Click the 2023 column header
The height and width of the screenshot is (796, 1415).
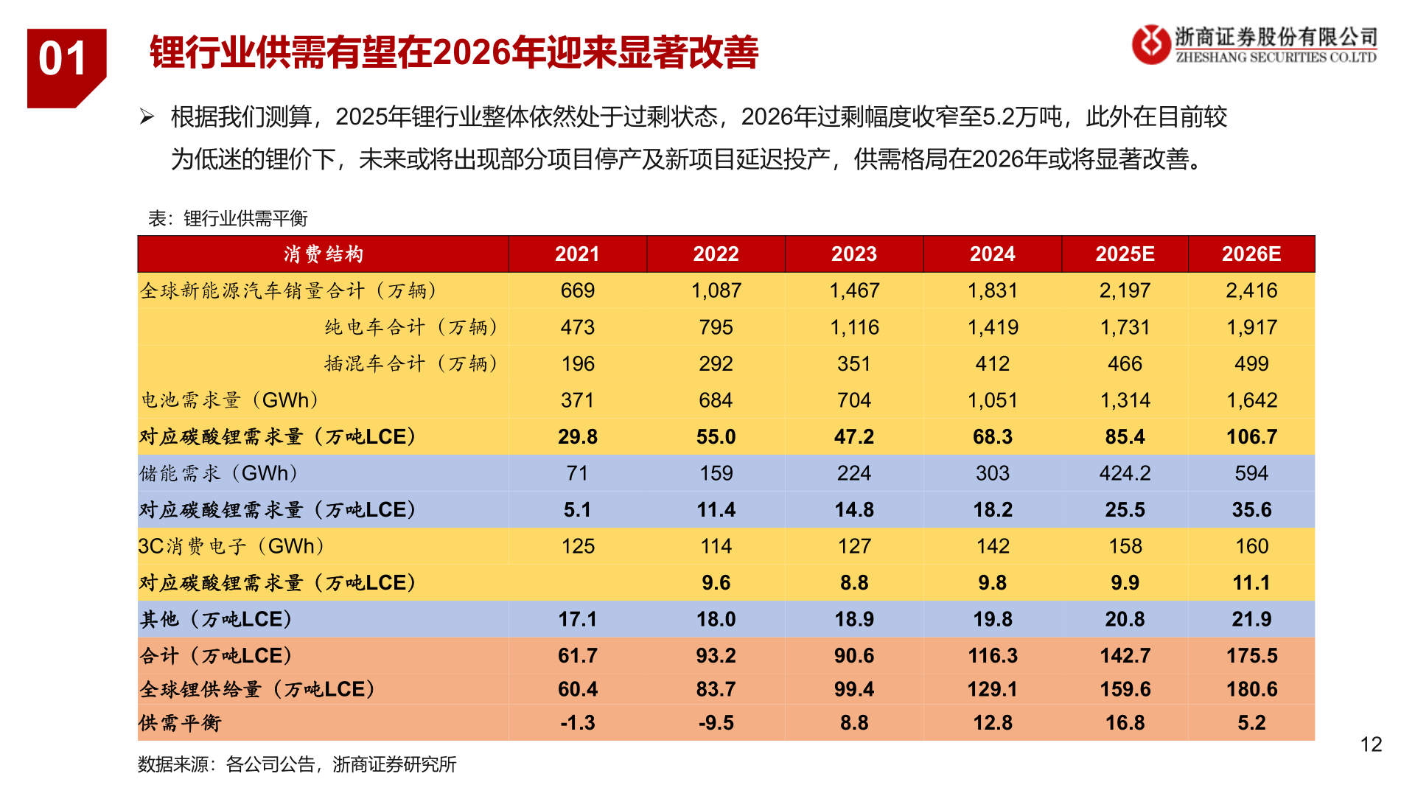point(853,254)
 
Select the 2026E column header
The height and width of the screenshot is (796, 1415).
point(1251,254)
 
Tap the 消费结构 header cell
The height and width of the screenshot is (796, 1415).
point(323,254)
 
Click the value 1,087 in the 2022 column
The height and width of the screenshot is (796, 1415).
point(716,290)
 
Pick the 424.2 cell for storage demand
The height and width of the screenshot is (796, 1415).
point(1125,473)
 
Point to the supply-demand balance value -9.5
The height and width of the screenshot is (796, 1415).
point(716,723)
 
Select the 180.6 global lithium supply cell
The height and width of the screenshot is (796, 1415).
point(1251,689)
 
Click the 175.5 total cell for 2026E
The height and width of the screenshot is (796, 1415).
point(1251,655)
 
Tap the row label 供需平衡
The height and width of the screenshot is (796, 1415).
point(180,723)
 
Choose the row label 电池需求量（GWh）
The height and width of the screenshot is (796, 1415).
point(230,400)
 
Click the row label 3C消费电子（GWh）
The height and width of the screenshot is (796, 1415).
point(231,546)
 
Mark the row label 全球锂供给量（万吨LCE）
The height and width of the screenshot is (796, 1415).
point(257,689)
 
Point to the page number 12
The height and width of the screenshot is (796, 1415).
point(1371,744)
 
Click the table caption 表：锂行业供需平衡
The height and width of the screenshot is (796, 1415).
point(228,218)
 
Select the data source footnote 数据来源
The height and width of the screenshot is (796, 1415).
point(296,764)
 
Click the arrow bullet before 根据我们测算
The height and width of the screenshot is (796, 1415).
point(147,116)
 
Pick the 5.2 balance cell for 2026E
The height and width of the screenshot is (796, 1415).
point(1251,723)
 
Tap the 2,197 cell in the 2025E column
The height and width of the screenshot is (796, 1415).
point(1125,290)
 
